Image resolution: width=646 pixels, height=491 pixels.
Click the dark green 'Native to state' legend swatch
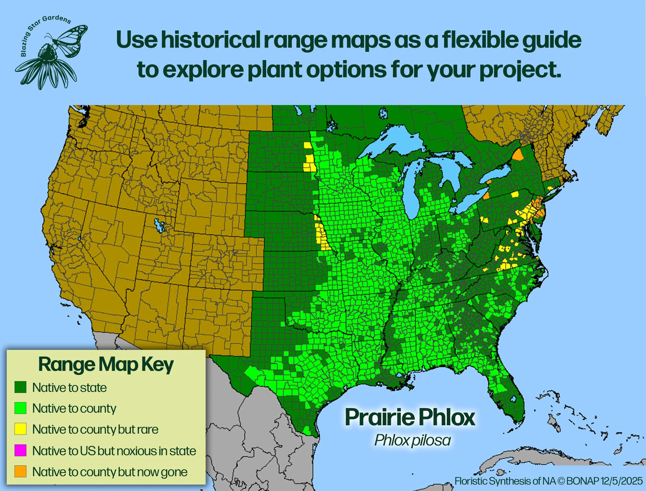[x=20, y=387]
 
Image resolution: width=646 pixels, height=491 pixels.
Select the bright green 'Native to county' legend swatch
[x=20, y=408]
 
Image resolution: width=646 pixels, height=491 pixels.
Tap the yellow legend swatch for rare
[x=20, y=429]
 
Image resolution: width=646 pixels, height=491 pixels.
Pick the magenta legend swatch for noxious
[x=20, y=450]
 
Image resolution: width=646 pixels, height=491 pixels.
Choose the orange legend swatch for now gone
[x=20, y=471]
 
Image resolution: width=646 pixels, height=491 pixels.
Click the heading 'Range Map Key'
[x=106, y=365]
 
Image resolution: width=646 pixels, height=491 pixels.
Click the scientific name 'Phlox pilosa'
[x=412, y=440]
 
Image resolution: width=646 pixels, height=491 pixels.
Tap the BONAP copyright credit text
[x=549, y=481]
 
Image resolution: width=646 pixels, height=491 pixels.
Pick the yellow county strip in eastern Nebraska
[x=323, y=235]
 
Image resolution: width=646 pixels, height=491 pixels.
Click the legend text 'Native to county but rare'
[x=95, y=429]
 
